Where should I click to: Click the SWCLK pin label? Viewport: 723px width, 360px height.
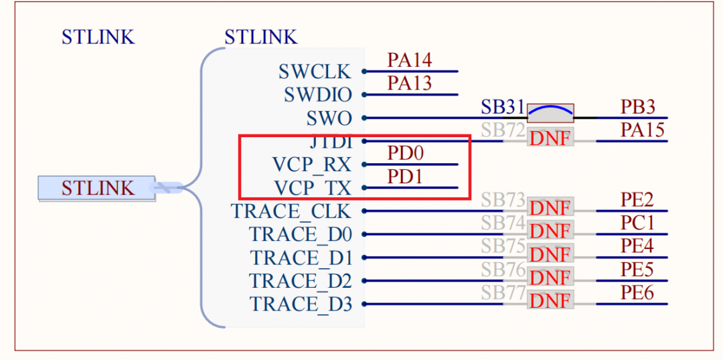click(315, 71)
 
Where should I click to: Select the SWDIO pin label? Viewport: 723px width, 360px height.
click(318, 95)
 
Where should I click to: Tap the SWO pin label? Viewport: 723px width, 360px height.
click(329, 118)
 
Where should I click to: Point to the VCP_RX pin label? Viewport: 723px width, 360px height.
click(311, 165)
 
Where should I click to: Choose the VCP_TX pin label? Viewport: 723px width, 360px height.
click(311, 188)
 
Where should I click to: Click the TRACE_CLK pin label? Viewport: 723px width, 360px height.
click(291, 211)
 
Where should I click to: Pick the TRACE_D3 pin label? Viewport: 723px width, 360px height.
click(301, 304)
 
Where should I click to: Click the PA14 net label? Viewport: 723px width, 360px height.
click(409, 60)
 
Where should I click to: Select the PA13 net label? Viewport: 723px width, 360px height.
click(409, 84)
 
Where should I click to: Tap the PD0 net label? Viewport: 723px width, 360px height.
click(405, 153)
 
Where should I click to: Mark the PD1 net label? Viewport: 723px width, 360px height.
click(405, 177)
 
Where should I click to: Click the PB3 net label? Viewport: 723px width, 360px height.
click(637, 107)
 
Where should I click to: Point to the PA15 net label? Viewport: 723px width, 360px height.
click(642, 130)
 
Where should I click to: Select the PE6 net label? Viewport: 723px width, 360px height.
click(637, 292)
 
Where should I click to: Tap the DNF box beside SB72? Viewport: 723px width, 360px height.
click(550, 139)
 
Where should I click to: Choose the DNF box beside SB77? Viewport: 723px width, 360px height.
click(550, 301)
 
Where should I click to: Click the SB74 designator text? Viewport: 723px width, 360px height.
click(503, 223)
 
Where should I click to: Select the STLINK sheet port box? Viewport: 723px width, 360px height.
click(97, 188)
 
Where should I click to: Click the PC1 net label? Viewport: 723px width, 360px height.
click(637, 223)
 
